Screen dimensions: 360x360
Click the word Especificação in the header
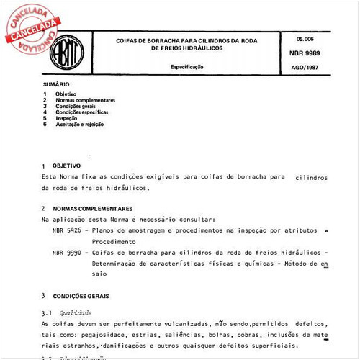coord(186,66)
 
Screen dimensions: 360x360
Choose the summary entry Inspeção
coord(68,118)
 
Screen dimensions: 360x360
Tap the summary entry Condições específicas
coord(84,112)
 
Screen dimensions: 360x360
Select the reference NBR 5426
coord(66,230)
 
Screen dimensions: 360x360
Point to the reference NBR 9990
coord(66,253)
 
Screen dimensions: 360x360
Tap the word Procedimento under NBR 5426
coord(116,241)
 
